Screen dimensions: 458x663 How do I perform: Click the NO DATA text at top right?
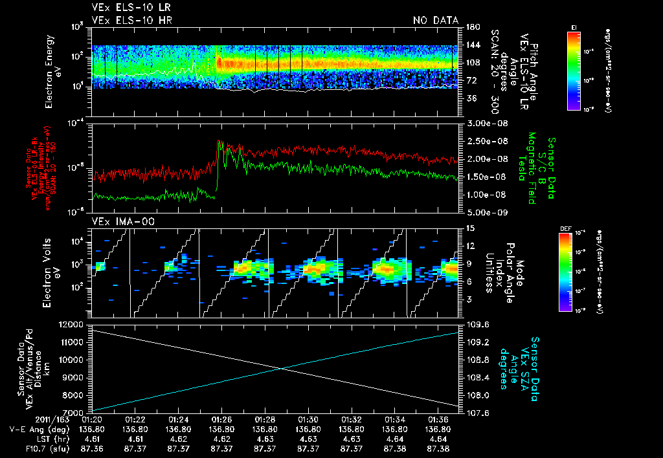(436, 21)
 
